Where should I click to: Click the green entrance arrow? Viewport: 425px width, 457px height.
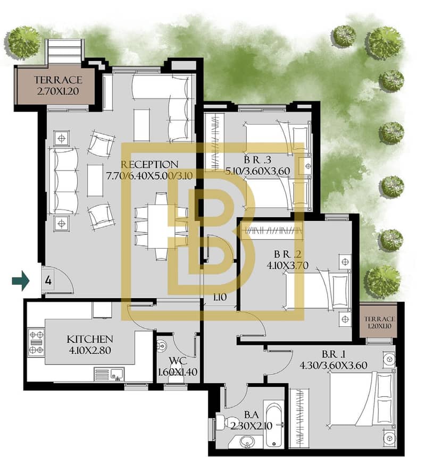21,281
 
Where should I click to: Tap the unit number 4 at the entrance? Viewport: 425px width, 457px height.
48,281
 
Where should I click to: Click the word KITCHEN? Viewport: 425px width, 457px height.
89,339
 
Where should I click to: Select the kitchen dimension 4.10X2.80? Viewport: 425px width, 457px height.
89,350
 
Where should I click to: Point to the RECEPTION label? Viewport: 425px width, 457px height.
149,164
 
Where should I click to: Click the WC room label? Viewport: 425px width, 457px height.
178,361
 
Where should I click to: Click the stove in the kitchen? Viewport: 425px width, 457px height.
36,342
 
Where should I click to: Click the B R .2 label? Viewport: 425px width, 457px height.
287,254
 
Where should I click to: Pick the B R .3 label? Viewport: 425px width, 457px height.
257,160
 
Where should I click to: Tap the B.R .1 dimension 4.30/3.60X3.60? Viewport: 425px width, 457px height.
334,366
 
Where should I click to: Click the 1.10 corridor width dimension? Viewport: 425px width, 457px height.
220,297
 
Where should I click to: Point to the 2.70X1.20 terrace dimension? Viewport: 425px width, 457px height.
58,91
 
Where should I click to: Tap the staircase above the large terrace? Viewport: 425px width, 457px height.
65,50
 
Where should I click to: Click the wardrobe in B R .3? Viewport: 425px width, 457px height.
214,142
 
